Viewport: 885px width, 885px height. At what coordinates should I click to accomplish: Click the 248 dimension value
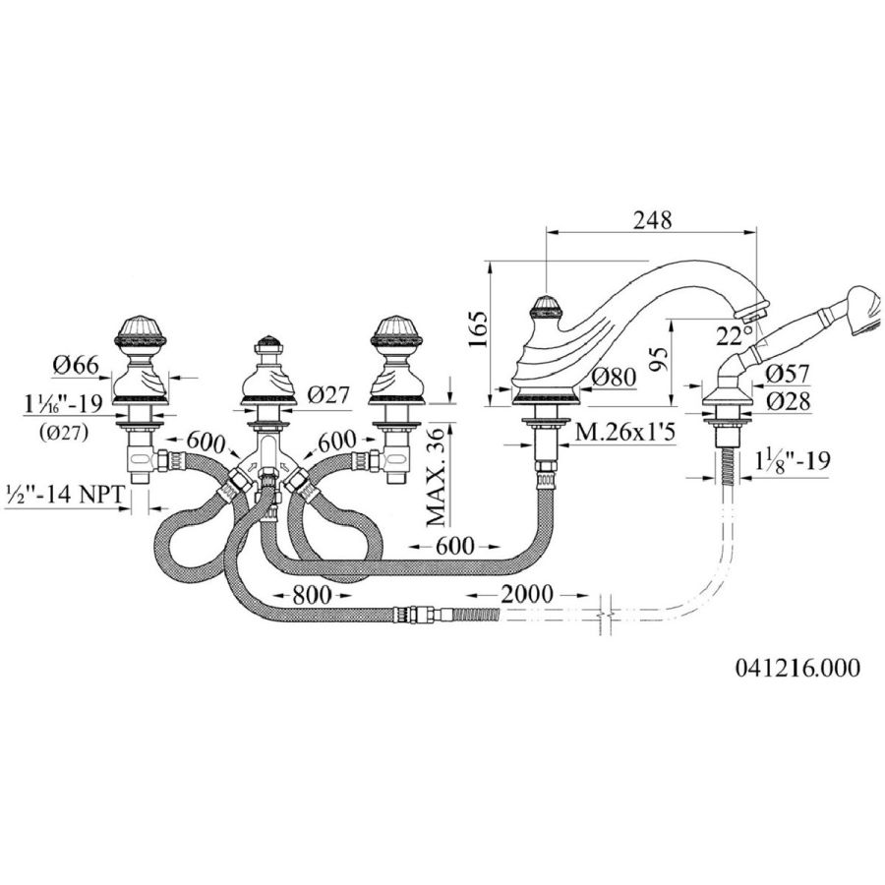(652, 220)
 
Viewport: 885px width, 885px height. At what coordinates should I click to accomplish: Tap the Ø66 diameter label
(75, 365)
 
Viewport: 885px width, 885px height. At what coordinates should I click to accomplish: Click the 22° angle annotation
(729, 336)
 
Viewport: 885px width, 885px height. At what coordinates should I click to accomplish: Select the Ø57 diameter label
(787, 374)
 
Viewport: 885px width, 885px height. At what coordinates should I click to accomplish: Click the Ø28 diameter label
(787, 401)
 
